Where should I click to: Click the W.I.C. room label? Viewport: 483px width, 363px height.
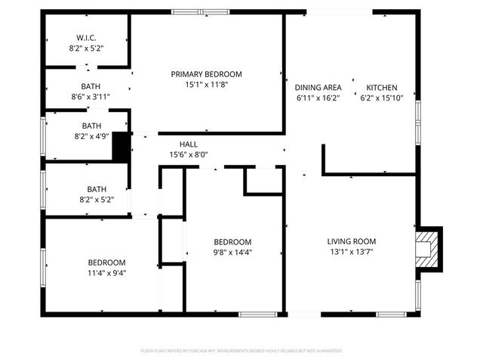tap(86, 38)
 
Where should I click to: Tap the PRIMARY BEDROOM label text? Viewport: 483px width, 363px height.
tap(206, 74)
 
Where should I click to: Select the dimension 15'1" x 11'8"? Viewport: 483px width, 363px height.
tap(206, 85)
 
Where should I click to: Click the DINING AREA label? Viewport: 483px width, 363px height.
tap(318, 88)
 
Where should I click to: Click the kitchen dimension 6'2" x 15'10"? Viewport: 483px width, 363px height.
tap(382, 98)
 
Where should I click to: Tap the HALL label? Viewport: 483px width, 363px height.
tap(189, 144)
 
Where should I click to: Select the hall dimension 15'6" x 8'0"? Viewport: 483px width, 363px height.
tap(189, 154)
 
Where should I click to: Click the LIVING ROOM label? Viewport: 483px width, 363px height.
tap(352, 242)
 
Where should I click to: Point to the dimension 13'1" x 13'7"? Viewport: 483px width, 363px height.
tap(352, 252)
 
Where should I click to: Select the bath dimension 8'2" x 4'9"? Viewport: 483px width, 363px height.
tap(91, 136)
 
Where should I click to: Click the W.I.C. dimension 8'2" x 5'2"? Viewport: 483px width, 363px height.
tap(86, 48)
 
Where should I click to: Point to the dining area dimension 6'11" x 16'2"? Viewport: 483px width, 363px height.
tap(318, 98)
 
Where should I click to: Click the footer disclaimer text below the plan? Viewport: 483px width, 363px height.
tap(241, 351)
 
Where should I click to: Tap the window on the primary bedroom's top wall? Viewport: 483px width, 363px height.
tap(200, 12)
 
